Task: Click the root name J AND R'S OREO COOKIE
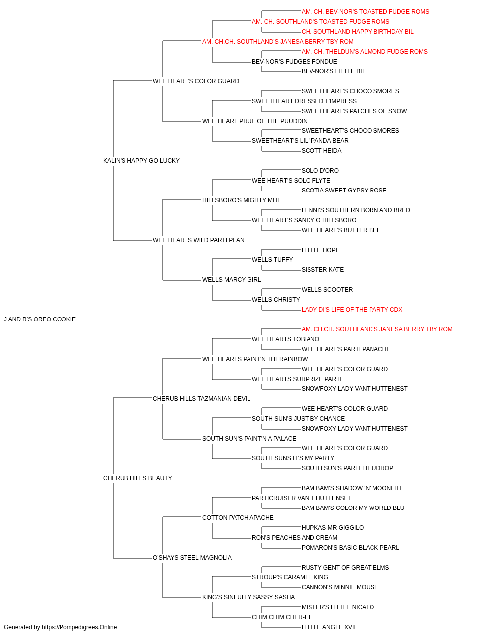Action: [40, 319]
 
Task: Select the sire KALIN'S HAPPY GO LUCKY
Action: [141, 161]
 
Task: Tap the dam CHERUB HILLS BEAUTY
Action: [137, 478]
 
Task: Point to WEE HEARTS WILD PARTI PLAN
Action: [198, 240]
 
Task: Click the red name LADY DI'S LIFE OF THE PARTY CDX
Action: [352, 310]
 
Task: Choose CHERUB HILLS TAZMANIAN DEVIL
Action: [201, 399]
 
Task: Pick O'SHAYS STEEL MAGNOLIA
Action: [192, 558]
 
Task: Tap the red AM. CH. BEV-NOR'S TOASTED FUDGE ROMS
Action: [365, 12]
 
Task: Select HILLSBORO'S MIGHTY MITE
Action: [242, 200]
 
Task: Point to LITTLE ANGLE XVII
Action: [328, 627]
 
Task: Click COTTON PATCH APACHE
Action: [238, 518]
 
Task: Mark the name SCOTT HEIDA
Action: [321, 151]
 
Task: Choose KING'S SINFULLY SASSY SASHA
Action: [248, 597]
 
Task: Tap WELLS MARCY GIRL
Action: [232, 280]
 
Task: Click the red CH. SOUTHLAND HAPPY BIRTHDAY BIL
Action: [357, 32]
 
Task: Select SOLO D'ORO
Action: [320, 171]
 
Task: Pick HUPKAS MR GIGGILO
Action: [332, 528]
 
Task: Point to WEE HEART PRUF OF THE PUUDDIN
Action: [255, 121]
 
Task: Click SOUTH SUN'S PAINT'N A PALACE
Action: [249, 439]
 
